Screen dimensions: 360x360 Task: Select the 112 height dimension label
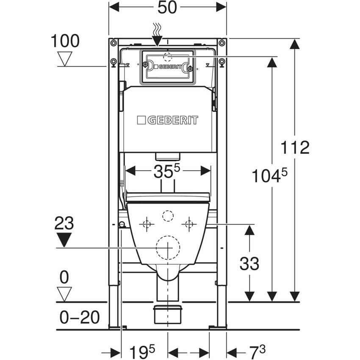tap(295, 148)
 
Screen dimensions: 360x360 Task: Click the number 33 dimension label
tap(249, 264)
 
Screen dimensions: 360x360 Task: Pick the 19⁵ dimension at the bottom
tap(142, 351)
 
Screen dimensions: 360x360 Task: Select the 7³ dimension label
tap(257, 351)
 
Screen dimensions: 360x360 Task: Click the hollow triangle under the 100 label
tap(65, 58)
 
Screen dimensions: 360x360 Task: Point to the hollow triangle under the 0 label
tap(64, 293)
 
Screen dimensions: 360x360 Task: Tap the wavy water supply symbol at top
tap(157, 30)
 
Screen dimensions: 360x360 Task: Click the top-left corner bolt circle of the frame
tap(113, 43)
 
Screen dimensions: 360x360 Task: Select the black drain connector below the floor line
tap(168, 314)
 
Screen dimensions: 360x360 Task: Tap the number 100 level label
tap(65, 41)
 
